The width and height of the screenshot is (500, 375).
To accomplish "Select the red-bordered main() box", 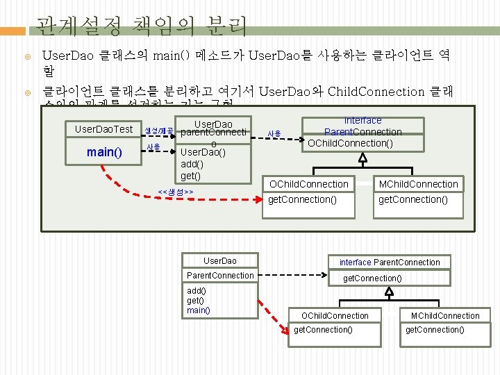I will [105, 151].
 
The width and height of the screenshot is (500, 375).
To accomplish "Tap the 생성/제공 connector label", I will [159, 131].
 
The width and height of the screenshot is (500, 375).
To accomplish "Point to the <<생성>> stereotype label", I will [175, 192].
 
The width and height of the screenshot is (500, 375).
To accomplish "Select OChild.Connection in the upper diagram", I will [308, 184].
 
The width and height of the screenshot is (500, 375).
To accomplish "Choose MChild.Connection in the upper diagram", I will [417, 184].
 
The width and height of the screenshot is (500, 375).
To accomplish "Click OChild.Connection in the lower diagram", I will [336, 316].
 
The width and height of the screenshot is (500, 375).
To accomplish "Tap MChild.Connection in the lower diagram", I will [445, 316].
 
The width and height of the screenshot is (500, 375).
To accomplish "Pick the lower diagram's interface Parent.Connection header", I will [390, 262].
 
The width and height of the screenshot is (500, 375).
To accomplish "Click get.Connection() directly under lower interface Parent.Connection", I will [372, 278].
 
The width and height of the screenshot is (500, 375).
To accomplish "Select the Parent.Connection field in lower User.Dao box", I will [220, 276].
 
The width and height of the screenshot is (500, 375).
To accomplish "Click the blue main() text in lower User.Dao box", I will [198, 310].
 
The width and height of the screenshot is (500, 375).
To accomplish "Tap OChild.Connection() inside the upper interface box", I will [350, 143].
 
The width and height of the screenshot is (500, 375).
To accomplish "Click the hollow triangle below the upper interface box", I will [362, 158].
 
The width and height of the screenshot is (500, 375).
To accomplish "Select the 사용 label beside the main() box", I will [153, 147].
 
